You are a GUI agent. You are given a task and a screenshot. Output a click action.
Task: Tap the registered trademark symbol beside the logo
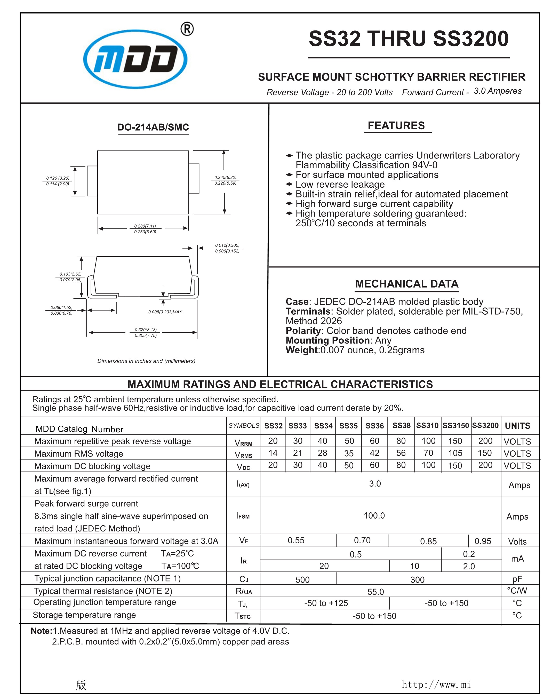[x=187, y=29]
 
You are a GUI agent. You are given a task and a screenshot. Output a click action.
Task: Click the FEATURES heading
[x=396, y=126]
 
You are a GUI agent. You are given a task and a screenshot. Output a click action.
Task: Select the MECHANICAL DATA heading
[x=406, y=284]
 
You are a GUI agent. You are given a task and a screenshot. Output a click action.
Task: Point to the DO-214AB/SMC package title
[x=153, y=127]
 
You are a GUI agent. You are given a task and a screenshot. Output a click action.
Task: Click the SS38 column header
[x=401, y=425]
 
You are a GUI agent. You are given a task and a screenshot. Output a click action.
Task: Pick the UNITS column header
[x=517, y=426]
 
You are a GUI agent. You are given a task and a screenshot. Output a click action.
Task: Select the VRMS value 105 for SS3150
[x=455, y=453]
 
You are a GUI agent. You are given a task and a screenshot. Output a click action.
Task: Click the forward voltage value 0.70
[x=362, y=540]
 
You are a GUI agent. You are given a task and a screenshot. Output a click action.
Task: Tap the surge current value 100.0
[x=374, y=516]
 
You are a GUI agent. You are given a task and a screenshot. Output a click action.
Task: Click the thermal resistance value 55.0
[x=375, y=592]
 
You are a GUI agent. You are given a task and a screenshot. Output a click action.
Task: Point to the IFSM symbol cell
[x=243, y=516]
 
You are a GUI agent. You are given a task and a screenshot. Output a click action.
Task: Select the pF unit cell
[x=517, y=579]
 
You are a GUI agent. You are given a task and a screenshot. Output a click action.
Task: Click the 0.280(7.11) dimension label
[x=145, y=226]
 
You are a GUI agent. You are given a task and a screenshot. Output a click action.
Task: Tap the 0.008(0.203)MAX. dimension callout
[x=166, y=312]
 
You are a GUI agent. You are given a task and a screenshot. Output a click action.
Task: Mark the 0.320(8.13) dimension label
[x=146, y=330]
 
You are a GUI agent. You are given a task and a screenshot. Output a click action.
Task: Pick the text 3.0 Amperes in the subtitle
[x=497, y=91]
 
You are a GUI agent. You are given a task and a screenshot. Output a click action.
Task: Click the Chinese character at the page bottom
[x=81, y=685]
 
